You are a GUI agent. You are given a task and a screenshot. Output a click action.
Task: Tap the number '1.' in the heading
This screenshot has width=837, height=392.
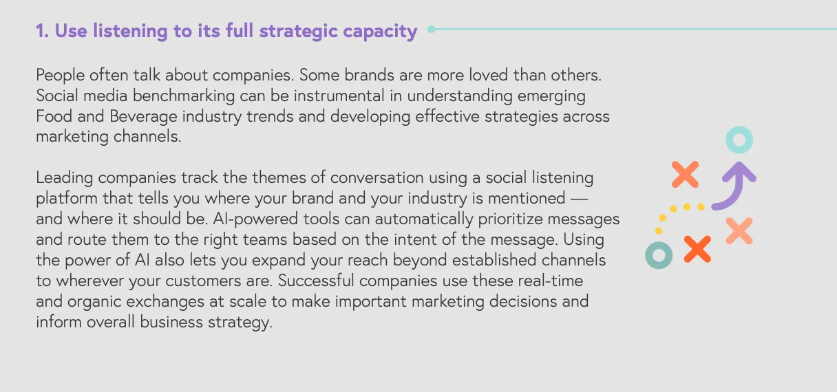pos(42,31)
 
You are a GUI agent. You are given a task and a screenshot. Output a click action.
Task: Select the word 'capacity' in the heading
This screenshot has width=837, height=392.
pos(380,32)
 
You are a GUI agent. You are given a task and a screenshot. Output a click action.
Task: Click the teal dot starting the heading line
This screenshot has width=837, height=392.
pos(431,29)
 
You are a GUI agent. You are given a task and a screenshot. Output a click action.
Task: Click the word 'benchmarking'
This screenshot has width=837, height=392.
pos(184,96)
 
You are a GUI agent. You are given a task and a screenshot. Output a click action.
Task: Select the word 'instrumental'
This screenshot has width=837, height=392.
pos(339,96)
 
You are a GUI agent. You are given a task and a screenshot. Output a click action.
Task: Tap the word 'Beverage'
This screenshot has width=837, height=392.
pos(143,116)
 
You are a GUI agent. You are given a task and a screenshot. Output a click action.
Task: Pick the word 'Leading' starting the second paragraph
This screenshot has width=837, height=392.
pos(64,177)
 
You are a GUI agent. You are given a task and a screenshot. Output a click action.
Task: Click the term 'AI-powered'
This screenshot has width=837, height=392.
pos(255,219)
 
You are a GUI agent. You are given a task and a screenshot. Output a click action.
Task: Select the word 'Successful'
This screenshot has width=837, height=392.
pos(316,281)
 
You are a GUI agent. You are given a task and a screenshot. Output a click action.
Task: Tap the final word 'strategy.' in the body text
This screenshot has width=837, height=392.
pos(240,322)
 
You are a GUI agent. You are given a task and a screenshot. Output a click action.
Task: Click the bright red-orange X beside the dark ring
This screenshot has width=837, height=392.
pos(697,249)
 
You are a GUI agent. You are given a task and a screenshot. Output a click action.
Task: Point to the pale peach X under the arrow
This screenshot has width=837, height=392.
pos(739,230)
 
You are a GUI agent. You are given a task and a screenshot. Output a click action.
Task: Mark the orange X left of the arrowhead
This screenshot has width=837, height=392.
pos(685,175)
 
